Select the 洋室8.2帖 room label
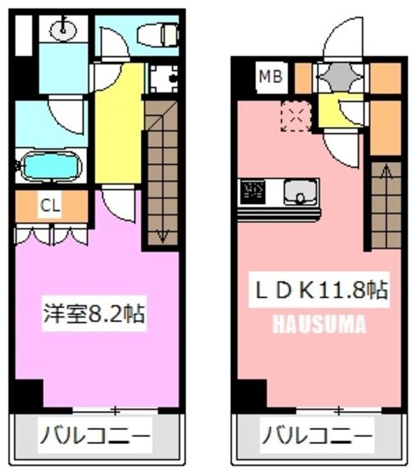(x=92, y=315)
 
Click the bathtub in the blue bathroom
(x=50, y=165)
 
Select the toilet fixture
(x=159, y=34)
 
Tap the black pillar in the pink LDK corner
(x=250, y=394)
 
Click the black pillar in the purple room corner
(x=27, y=392)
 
